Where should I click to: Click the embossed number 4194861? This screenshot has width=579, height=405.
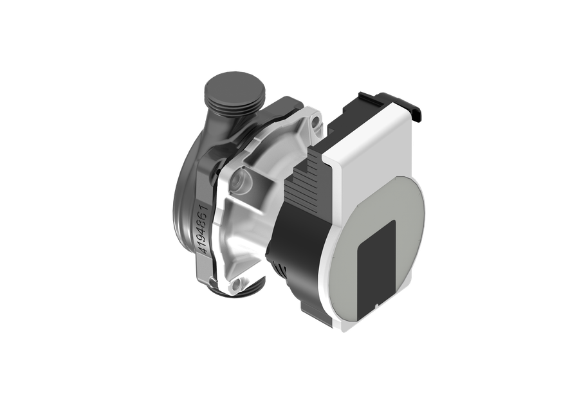tap(204, 230)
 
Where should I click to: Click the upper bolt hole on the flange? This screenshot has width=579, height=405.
tap(316, 123)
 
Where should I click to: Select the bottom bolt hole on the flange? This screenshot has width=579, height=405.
tap(237, 285)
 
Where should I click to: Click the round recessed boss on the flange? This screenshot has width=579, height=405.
tap(241, 181)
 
